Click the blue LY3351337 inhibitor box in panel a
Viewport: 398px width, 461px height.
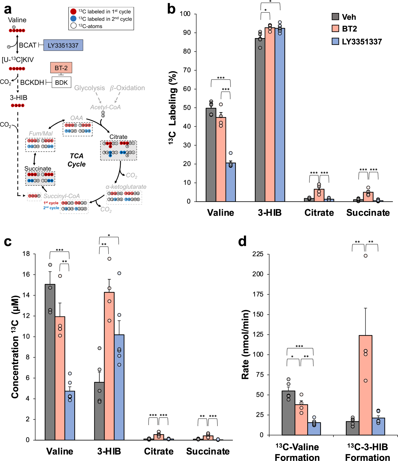pos(63,45)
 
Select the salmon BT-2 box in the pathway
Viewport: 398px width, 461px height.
pos(61,68)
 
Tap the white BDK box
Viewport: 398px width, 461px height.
pos(61,82)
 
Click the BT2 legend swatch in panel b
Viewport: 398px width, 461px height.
pos(335,28)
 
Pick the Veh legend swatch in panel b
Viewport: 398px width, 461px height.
pos(335,16)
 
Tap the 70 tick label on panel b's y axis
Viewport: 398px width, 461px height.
pos(187,70)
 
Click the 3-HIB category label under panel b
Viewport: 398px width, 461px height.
pos(270,213)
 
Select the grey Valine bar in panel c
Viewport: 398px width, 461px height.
pos(50,362)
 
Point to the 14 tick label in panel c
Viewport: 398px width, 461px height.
pos(26,295)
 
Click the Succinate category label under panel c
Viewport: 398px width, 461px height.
pos(208,451)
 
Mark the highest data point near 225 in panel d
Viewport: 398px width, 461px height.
pos(366,256)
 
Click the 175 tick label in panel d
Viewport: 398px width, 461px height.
pos(258,294)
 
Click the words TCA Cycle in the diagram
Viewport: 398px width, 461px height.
pos(76,160)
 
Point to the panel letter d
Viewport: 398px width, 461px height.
pos(242,241)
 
